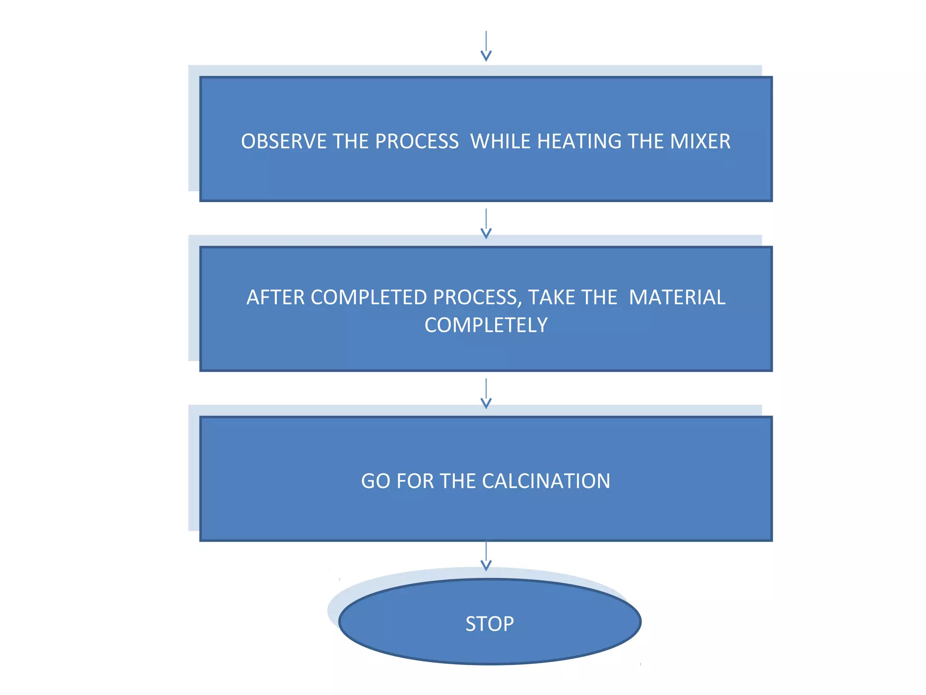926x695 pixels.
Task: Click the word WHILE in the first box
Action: click(500, 142)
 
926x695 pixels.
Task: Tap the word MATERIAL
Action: click(677, 298)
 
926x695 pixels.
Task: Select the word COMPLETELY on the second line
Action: click(486, 325)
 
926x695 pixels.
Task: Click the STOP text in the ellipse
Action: click(490, 624)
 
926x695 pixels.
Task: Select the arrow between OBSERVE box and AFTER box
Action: click(486, 224)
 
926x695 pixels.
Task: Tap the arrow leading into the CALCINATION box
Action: click(486, 394)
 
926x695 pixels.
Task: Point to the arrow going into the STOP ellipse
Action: click(486, 556)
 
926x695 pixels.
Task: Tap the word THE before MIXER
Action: click(645, 142)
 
